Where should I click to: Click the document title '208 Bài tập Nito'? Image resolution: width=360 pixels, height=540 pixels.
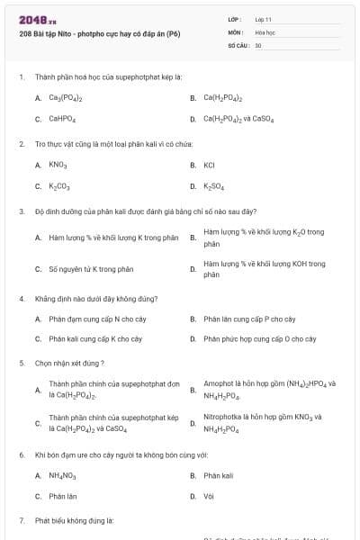99,34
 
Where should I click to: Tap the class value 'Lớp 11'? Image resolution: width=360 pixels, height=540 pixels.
264,19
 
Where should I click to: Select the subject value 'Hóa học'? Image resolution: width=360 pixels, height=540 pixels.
265,31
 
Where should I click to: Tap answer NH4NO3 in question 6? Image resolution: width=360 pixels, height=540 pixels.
62,475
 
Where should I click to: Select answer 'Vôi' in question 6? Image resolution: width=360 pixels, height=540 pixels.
209,496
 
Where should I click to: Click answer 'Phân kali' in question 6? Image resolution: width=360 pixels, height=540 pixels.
218,475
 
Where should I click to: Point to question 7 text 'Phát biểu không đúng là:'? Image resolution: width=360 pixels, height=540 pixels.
74,520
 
